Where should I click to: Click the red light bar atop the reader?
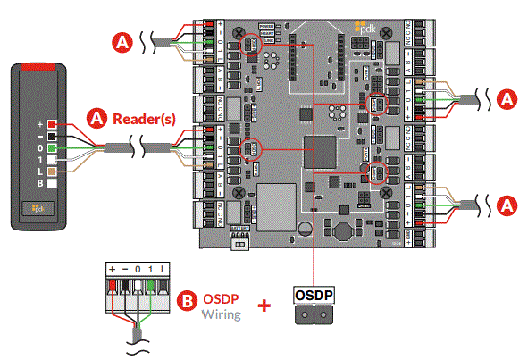(37, 67)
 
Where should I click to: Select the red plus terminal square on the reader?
(52, 124)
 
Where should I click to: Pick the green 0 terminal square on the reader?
(52, 147)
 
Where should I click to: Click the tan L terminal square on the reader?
(52, 171)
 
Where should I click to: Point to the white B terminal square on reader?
(52, 182)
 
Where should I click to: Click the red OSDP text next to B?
(220, 299)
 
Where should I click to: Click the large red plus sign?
(264, 306)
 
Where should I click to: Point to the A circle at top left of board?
(122, 40)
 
